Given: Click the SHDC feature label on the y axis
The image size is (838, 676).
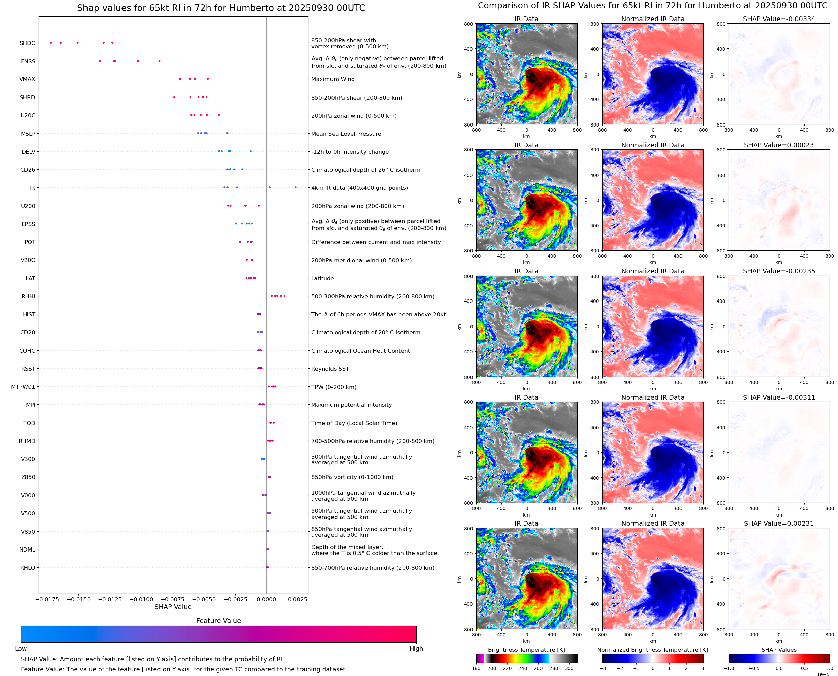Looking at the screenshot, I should click(27, 43).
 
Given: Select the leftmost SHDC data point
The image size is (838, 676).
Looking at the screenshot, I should click(51, 43).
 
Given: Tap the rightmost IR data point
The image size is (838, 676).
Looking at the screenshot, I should click(295, 188).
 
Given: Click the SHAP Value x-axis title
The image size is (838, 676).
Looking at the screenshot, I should click(173, 607).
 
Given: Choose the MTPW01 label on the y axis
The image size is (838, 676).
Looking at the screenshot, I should click(23, 387).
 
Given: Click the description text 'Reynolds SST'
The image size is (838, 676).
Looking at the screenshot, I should click(330, 369).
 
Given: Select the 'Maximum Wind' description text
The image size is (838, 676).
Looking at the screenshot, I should click(333, 79).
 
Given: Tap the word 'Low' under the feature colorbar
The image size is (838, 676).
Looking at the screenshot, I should click(21, 649).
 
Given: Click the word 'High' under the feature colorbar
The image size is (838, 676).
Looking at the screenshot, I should click(416, 649).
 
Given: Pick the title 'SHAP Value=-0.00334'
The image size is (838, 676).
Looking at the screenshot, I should click(779, 19).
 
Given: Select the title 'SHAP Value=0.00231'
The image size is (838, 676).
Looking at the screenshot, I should click(779, 523).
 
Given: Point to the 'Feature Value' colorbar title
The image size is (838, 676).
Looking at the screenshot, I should click(218, 621).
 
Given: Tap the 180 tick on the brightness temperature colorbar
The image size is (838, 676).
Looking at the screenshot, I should click(476, 668).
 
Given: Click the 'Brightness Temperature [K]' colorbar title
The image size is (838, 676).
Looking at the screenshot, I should click(526, 650).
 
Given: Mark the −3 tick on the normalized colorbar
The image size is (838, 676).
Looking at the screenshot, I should click(603, 668).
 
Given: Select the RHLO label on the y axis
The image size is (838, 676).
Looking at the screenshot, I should click(28, 568).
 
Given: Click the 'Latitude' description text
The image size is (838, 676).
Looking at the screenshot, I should click(322, 278).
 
